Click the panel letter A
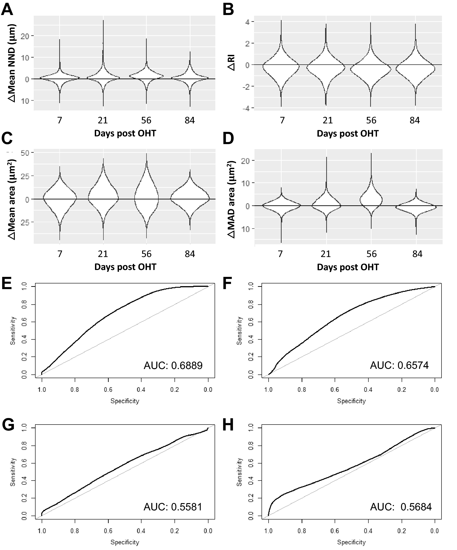7,10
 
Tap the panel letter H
228,425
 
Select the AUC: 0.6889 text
173,365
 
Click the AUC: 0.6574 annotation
399,365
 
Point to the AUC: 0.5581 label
173,507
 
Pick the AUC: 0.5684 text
401,507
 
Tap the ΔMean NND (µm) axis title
12,63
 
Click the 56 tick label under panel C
146,254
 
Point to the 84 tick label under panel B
415,120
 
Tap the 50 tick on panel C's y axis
25,153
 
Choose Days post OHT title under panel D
348,267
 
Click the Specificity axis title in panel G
125,542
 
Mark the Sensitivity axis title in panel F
239,331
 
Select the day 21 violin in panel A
103,76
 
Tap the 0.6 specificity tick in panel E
108,390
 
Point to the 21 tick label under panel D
326,254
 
